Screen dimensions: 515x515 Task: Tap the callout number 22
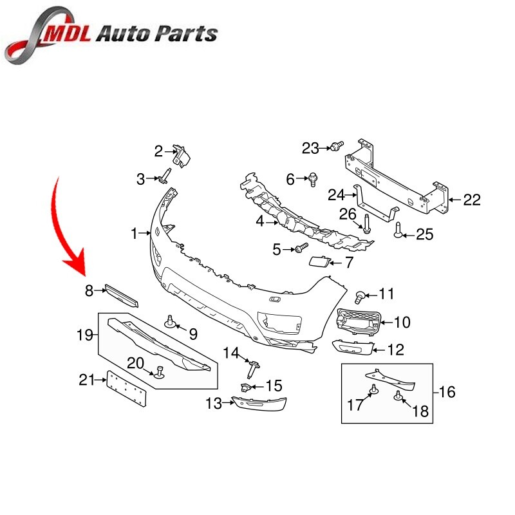click(x=472, y=200)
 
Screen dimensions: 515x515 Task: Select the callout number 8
click(x=89, y=291)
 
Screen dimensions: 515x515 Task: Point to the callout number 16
click(x=447, y=391)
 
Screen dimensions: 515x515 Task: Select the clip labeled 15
click(x=246, y=388)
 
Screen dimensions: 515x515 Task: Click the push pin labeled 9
click(x=171, y=321)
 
